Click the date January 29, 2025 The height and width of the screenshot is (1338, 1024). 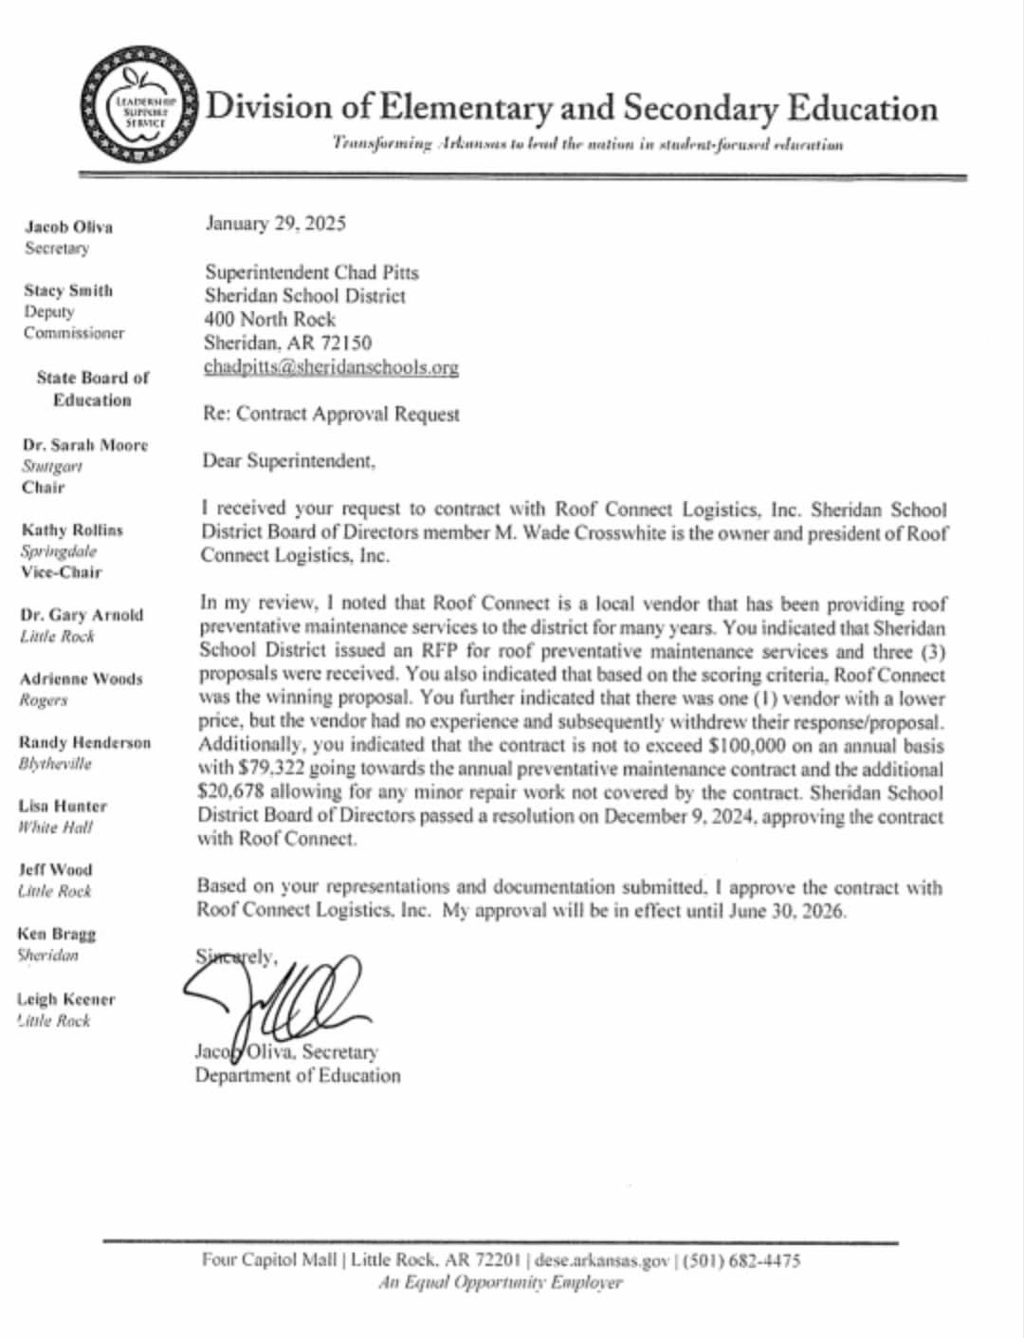point(276,224)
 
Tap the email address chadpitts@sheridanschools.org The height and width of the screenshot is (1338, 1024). point(331,367)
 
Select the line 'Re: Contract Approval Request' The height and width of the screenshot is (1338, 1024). point(332,414)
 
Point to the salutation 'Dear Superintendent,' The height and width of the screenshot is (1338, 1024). point(289,461)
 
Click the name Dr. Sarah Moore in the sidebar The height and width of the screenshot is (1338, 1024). point(85,445)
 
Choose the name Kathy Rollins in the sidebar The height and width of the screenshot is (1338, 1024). point(72,530)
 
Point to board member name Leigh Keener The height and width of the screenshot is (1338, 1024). point(66,999)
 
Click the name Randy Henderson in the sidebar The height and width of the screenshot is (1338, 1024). point(84,742)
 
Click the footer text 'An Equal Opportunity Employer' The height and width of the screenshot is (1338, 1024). point(501,1283)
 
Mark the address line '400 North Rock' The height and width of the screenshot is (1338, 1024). point(270,319)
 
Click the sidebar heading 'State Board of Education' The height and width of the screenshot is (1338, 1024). point(92,388)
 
